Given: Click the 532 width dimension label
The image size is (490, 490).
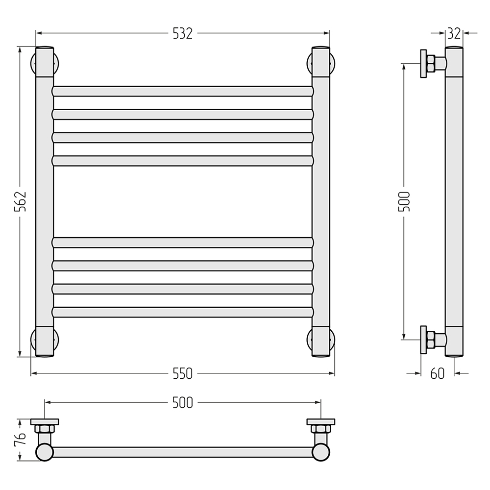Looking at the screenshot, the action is click(183, 33).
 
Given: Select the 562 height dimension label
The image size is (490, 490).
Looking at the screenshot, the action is click(21, 201).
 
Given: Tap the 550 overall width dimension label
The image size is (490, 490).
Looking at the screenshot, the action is click(183, 373).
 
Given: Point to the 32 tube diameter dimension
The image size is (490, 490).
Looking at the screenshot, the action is click(454, 33).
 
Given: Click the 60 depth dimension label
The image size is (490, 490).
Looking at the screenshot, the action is click(437, 373).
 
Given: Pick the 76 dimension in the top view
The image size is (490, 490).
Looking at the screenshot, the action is click(21, 440).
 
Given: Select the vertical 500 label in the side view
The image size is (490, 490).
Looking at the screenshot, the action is click(404, 201).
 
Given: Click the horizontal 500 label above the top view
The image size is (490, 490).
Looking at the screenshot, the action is click(183, 403).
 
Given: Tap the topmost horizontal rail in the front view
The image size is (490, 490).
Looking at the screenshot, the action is click(183, 91).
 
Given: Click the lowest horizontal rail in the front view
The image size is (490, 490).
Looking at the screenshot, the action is click(183, 312).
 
